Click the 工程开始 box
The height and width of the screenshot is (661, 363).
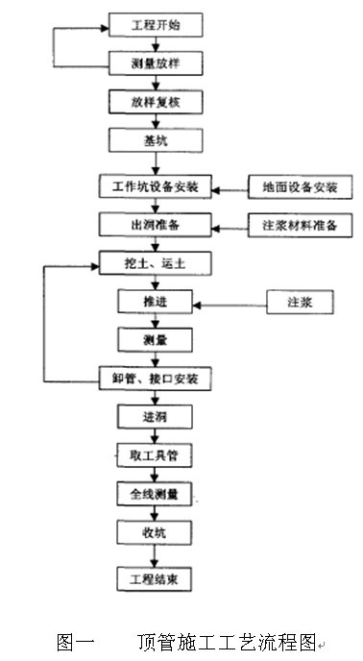pos(156,25)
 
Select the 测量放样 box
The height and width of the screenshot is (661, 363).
pos(156,63)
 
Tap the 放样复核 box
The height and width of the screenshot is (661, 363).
pos(156,102)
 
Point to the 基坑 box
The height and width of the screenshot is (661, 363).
pos(156,140)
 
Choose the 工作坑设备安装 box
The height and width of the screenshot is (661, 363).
pos(156,186)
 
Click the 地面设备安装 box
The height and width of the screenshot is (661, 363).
pos(300,186)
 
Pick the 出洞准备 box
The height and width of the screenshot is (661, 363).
pos(156,225)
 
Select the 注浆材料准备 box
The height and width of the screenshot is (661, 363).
pos(300,225)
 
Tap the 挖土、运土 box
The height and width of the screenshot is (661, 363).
pos(156,263)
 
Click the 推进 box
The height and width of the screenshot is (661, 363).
pos(155,302)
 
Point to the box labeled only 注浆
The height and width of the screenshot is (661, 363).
pos(300,302)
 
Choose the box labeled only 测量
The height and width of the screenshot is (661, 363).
pos(155,340)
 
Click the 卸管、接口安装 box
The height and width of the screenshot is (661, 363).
pos(156,379)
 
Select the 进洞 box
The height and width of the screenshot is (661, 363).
pos(155,417)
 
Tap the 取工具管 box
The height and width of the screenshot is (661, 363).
pos(155,455)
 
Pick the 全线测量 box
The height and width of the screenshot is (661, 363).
pos(155,494)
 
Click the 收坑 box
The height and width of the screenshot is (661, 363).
pos(155,532)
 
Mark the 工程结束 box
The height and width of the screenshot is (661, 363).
pos(155,579)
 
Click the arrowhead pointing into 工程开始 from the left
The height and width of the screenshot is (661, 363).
pos(105,28)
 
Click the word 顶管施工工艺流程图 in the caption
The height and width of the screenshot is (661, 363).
pos(227,642)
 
